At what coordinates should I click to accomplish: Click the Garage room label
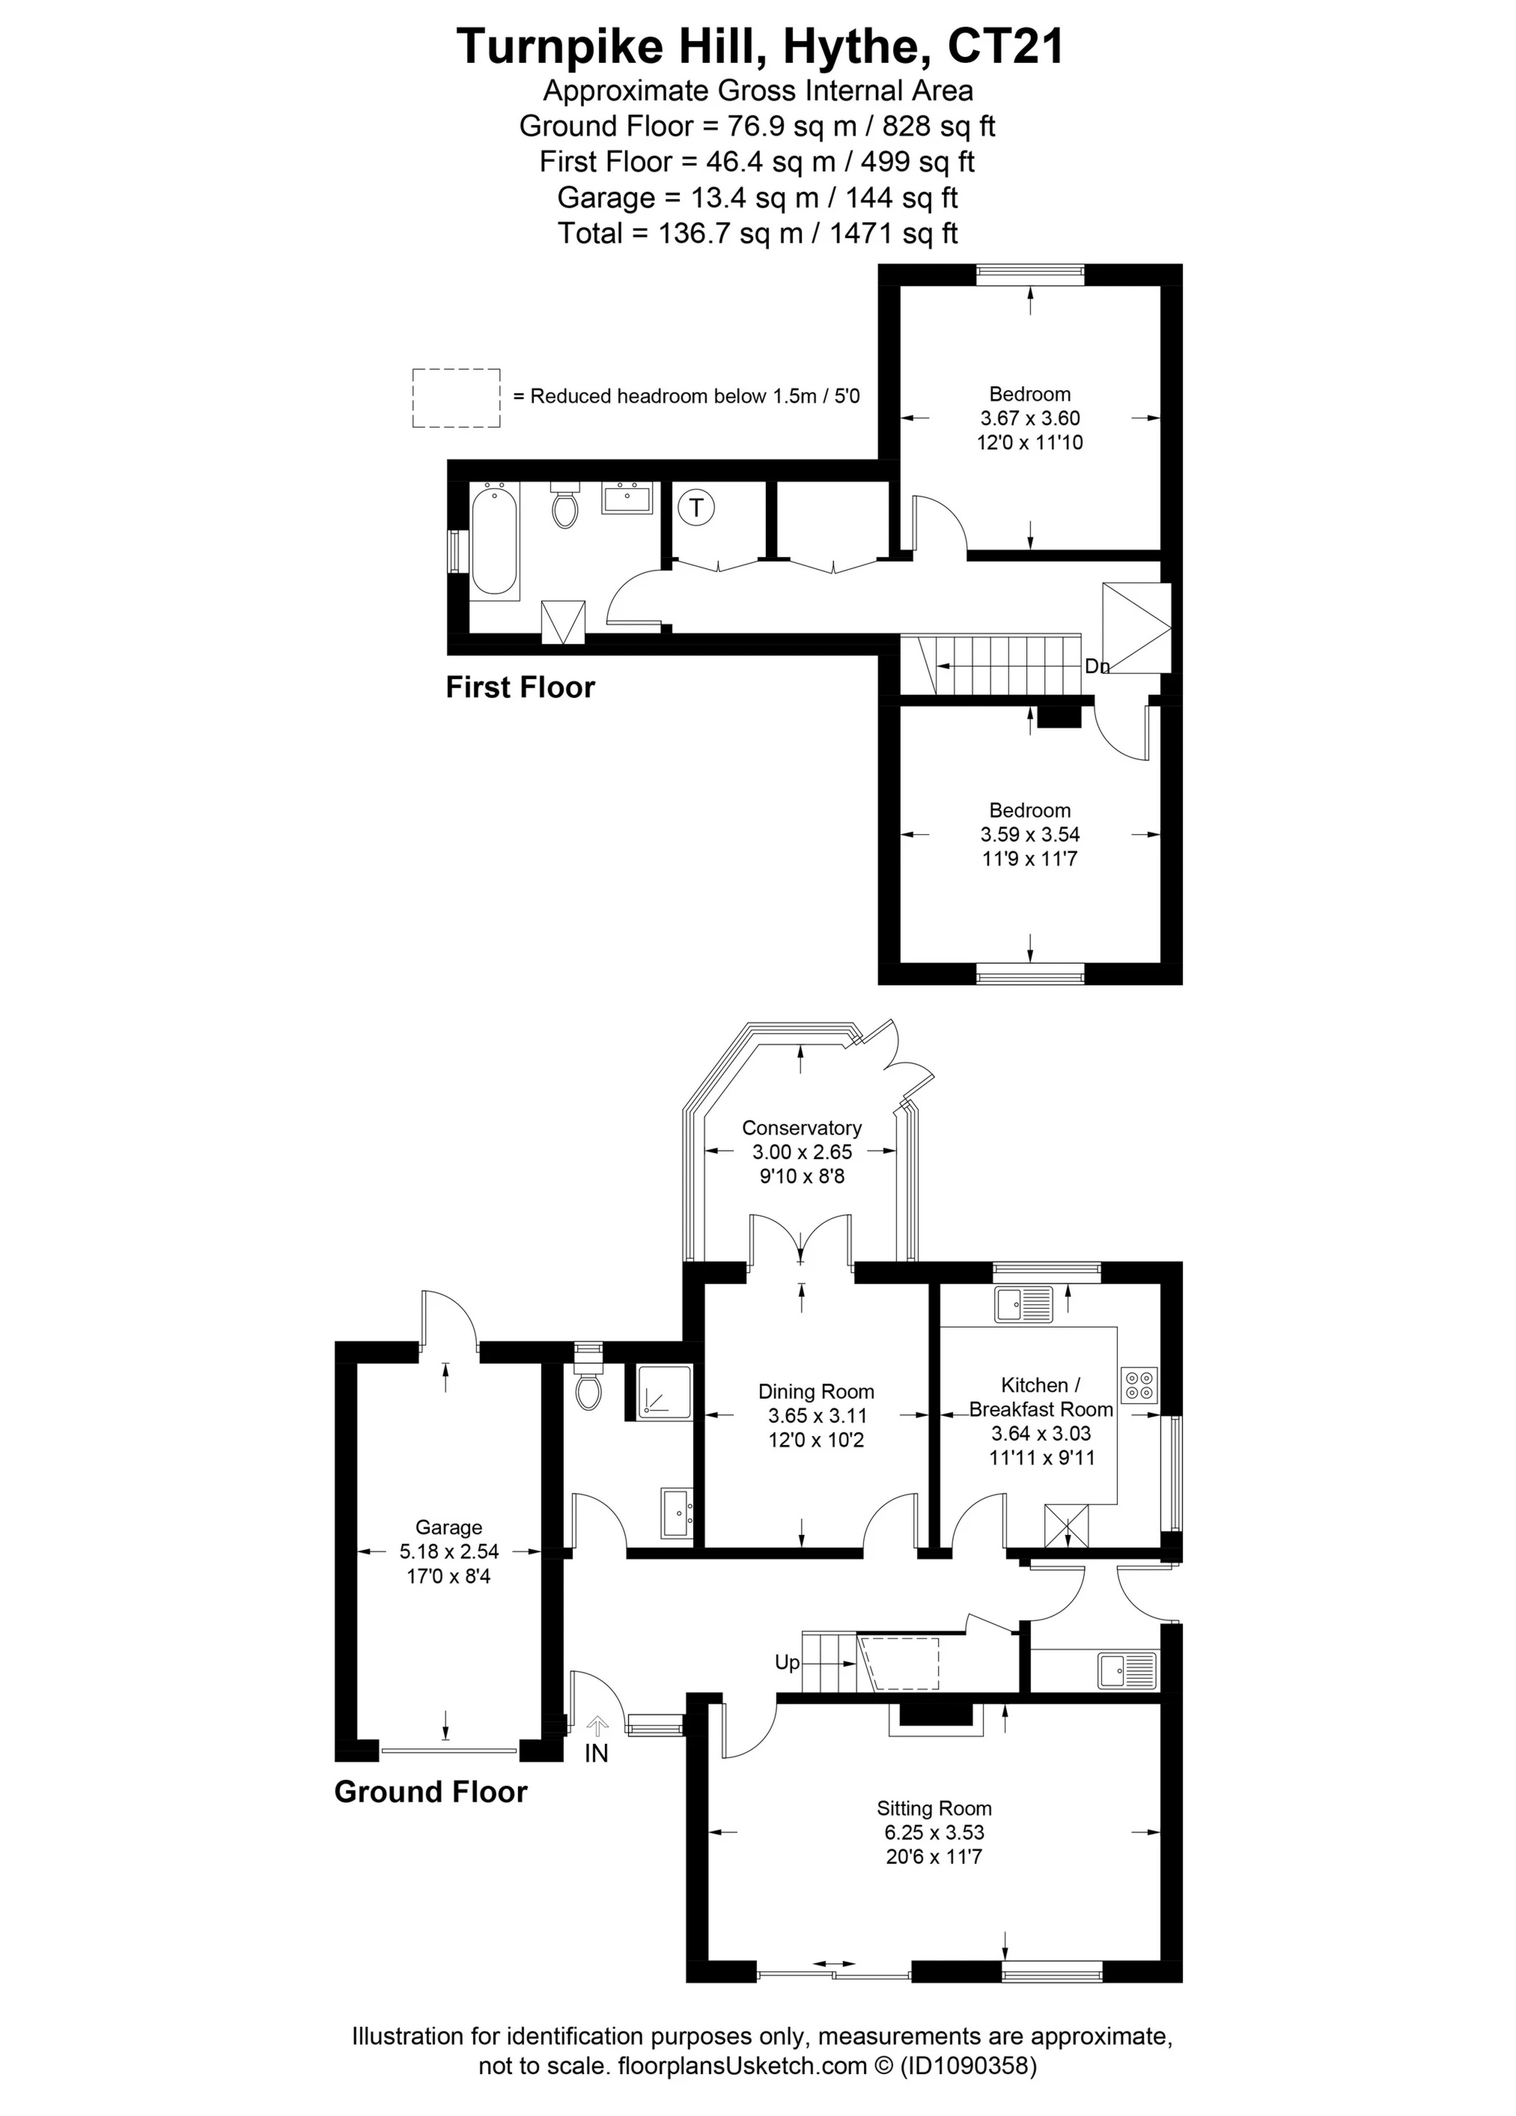[x=448, y=1527]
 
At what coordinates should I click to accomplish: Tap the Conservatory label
[x=801, y=1128]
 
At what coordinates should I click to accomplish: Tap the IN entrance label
[x=596, y=1753]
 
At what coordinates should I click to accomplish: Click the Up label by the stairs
[x=788, y=1662]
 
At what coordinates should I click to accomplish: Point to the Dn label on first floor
[x=1097, y=666]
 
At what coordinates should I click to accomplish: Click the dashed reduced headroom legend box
[x=456, y=398]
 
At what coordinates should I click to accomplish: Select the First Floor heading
[x=520, y=687]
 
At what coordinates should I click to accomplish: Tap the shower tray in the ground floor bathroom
[x=664, y=1392]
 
